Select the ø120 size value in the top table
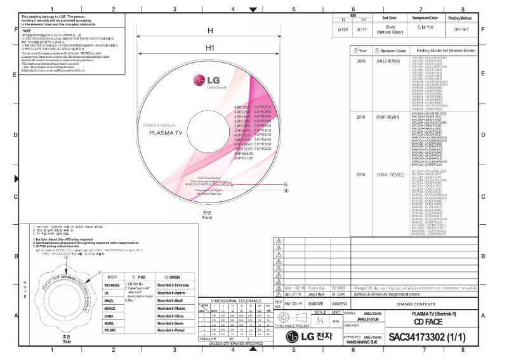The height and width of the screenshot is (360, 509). [x=343, y=29]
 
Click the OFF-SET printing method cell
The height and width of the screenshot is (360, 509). [x=462, y=29]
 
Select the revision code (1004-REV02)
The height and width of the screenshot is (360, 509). [x=390, y=173]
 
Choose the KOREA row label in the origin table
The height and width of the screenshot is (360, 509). [x=109, y=323]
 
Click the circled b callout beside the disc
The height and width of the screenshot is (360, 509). [x=286, y=182]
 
